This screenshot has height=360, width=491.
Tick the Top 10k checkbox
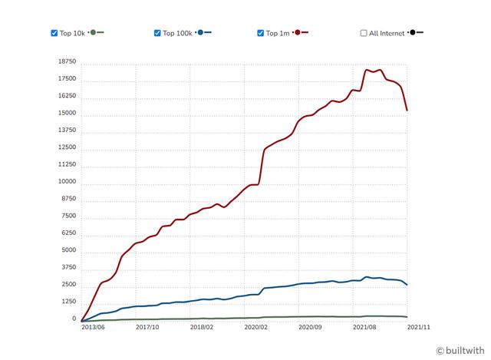point(54,33)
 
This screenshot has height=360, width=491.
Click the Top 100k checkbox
point(157,33)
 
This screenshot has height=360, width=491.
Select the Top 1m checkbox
point(261,33)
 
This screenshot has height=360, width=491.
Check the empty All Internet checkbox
point(364,33)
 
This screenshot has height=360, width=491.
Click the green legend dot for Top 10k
point(94,33)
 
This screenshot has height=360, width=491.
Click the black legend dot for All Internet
point(413,33)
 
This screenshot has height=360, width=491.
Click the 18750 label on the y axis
point(67,62)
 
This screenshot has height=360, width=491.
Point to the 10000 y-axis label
point(67,182)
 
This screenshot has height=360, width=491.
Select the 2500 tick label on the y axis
point(68,285)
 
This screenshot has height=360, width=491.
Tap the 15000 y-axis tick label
point(67,114)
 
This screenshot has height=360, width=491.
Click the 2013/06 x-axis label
point(94,326)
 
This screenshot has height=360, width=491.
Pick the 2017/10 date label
point(147,326)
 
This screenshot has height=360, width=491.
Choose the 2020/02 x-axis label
point(255,326)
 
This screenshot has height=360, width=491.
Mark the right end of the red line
point(407,111)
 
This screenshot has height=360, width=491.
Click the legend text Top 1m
point(278,33)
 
